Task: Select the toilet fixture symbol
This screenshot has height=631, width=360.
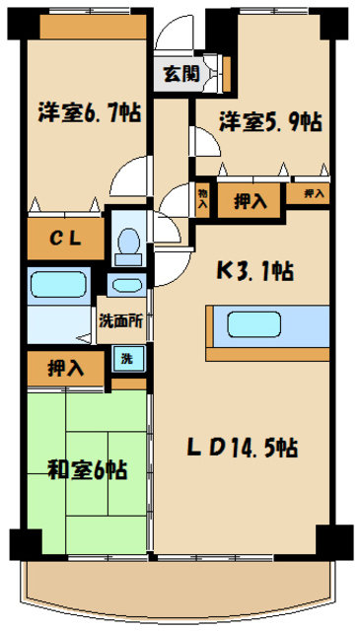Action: (x=125, y=242)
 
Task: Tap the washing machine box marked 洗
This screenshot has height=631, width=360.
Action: (x=126, y=359)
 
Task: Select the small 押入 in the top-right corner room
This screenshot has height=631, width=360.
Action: (x=314, y=194)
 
